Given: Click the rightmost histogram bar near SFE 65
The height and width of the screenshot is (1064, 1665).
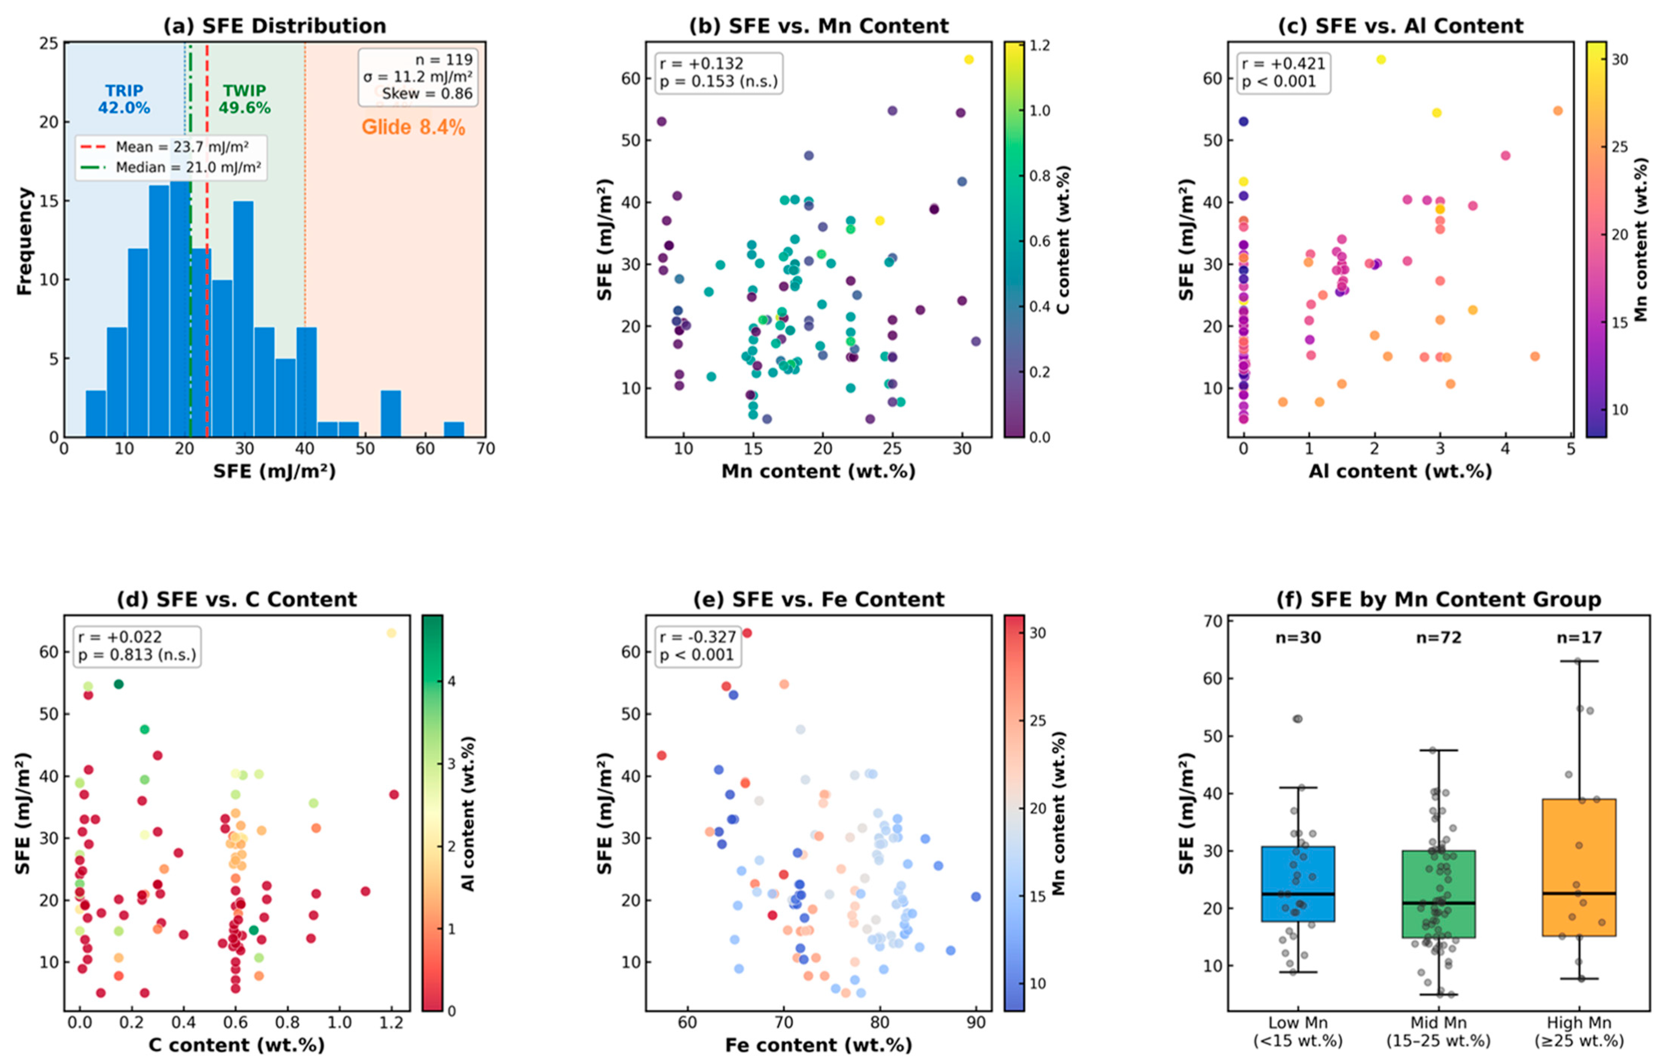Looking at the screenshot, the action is pyautogui.click(x=453, y=430).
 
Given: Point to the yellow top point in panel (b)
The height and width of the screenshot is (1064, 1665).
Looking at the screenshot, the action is pyautogui.click(x=969, y=59).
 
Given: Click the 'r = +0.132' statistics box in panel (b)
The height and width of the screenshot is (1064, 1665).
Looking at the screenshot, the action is pyautogui.click(x=719, y=72).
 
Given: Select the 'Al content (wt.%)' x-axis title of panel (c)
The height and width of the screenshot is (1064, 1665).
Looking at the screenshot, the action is pyautogui.click(x=1400, y=471).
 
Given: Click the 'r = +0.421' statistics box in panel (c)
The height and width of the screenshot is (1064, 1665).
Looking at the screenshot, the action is pyautogui.click(x=1283, y=72).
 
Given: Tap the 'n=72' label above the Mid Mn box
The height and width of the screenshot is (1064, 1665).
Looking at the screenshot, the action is pyautogui.click(x=1439, y=637).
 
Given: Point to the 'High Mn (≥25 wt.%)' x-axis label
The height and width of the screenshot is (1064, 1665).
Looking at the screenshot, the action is pyautogui.click(x=1579, y=1032).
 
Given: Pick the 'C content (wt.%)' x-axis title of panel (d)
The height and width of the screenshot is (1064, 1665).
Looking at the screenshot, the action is pyautogui.click(x=237, y=1044).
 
